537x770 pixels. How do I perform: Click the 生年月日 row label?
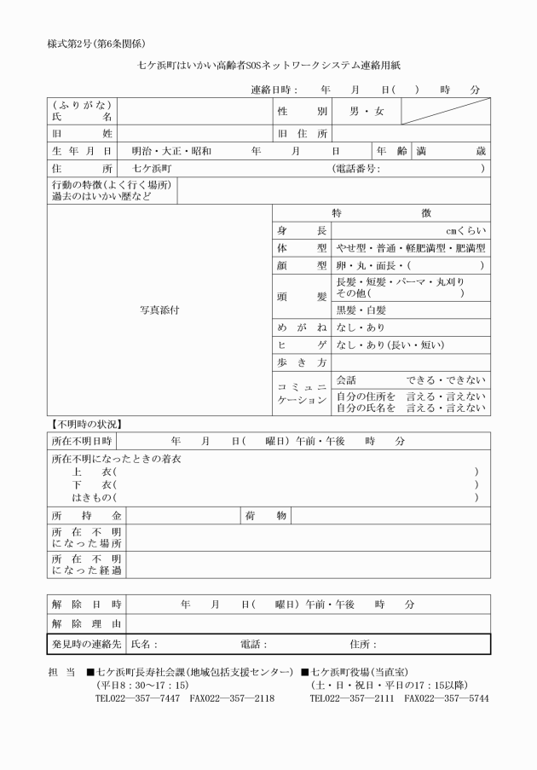[81, 151]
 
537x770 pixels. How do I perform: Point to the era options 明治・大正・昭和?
[166, 151]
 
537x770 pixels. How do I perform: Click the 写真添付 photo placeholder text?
[159, 310]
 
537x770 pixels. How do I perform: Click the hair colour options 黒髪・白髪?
[362, 310]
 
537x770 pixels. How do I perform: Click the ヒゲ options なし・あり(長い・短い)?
[391, 346]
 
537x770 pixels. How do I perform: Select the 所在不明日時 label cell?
[81, 442]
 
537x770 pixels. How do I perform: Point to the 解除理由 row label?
[86, 624]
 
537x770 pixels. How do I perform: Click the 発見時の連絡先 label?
[86, 644]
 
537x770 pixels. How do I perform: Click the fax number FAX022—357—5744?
[446, 698]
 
